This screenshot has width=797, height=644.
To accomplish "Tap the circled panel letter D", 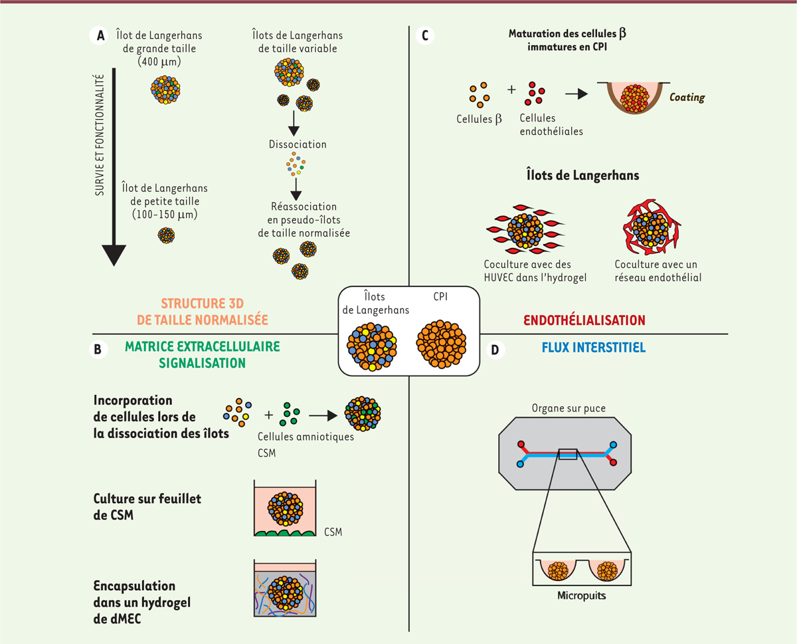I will click(495, 350).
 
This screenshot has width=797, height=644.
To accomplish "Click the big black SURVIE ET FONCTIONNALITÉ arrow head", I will click(114, 249).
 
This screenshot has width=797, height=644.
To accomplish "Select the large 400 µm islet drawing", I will click(166, 88).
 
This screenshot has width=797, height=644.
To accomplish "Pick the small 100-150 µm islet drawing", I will click(165, 235).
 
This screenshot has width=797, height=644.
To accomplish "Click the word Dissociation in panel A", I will click(298, 144).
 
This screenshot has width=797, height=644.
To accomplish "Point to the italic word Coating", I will click(687, 97).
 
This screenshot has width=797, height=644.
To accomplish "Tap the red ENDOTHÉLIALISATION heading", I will click(584, 320).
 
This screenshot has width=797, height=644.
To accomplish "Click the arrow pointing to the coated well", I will click(576, 94).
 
